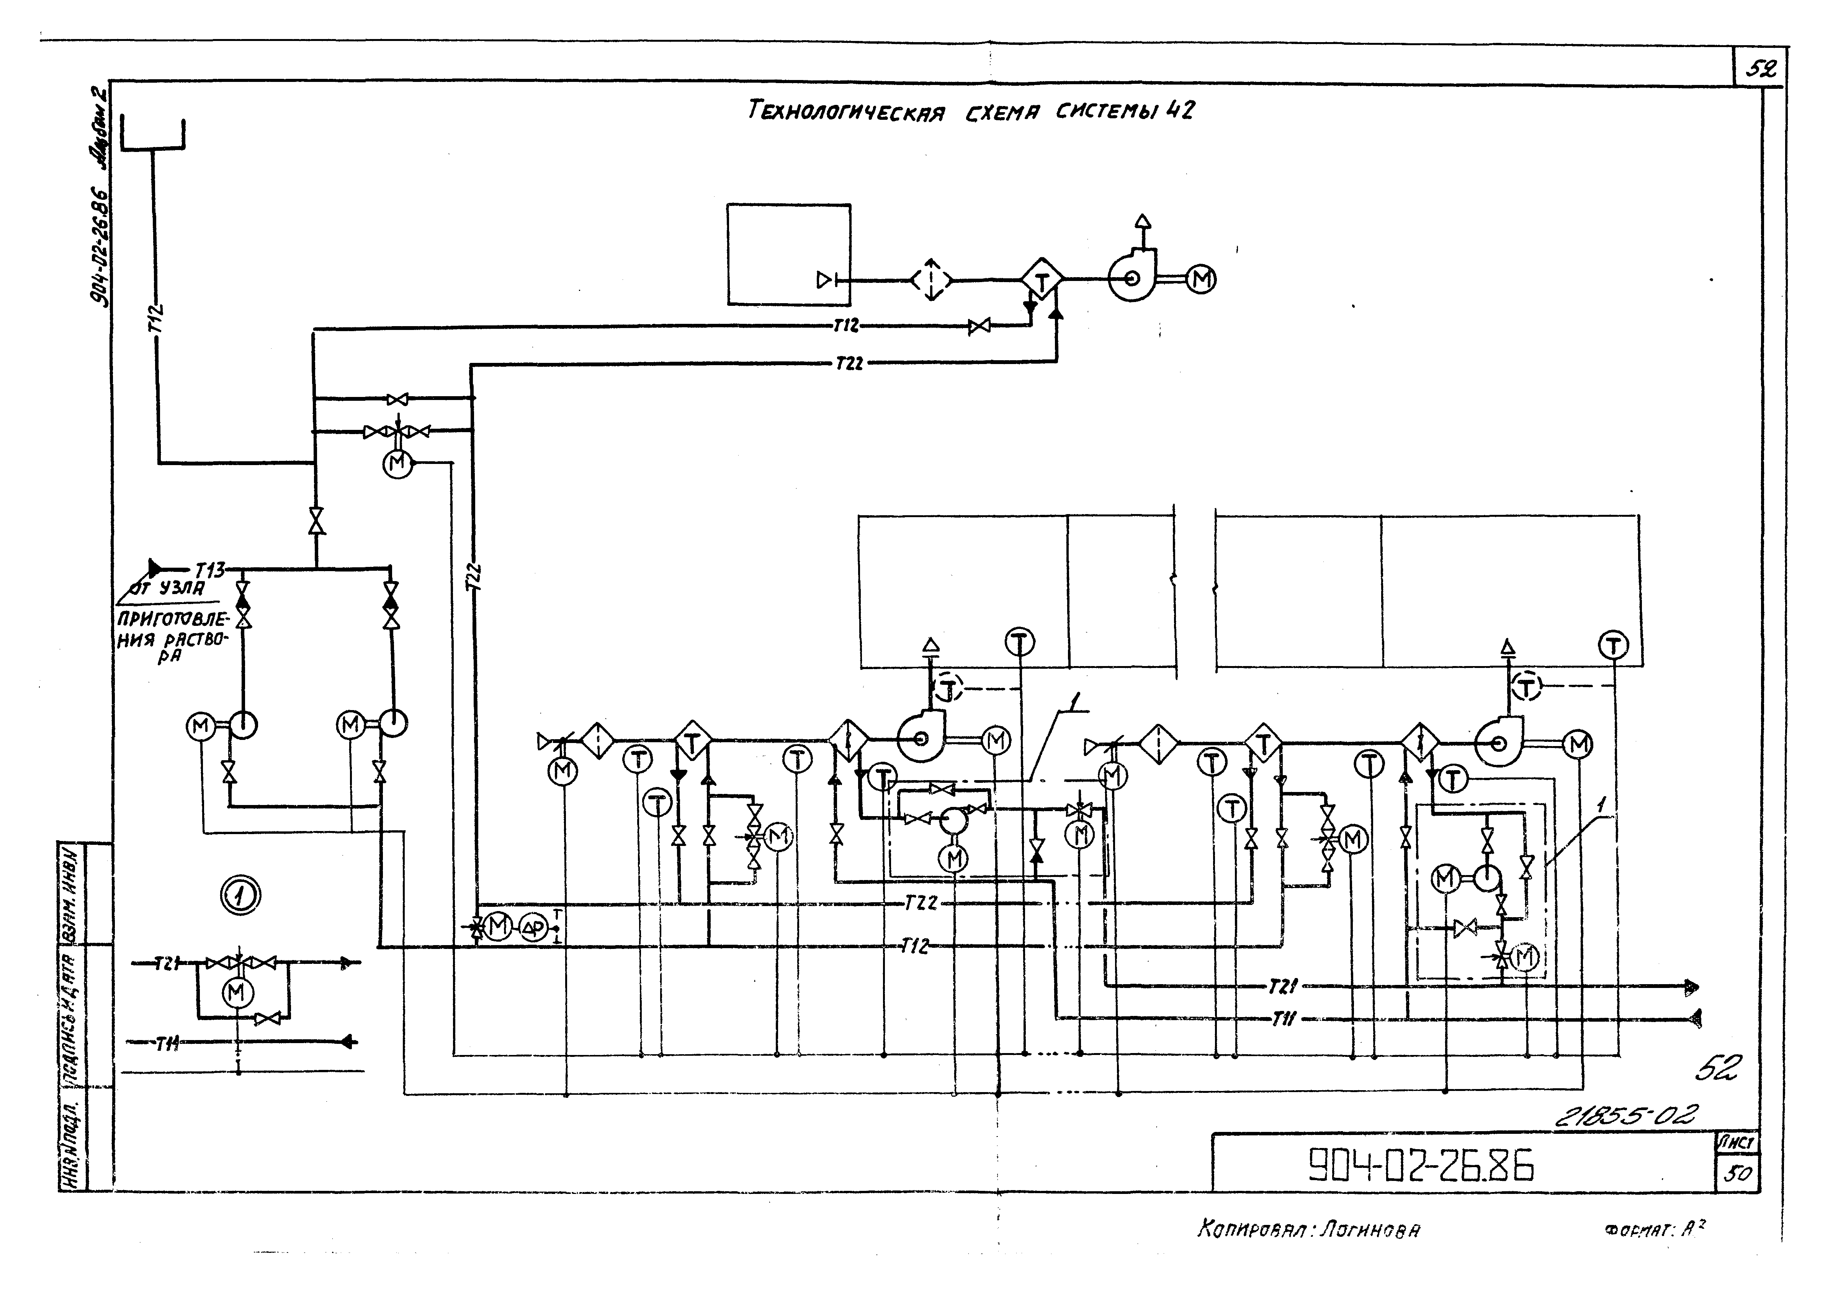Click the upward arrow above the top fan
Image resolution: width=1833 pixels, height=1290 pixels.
tap(1143, 221)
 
